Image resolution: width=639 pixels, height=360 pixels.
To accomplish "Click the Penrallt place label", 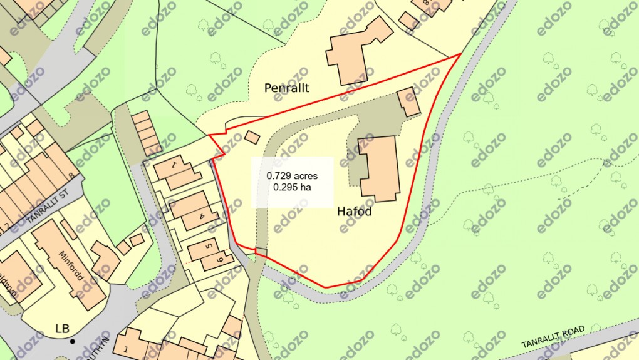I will pyautogui.click(x=286, y=89).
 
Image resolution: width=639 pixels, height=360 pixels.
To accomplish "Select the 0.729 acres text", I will pyautogui.click(x=292, y=176).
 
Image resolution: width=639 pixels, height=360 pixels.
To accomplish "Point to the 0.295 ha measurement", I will pyautogui.click(x=292, y=187).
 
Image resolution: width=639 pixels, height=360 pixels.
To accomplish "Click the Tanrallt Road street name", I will pyautogui.click(x=553, y=338).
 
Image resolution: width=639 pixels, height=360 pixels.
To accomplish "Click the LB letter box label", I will pyautogui.click(x=62, y=328).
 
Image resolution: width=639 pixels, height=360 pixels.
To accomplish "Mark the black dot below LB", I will pyautogui.click(x=73, y=342).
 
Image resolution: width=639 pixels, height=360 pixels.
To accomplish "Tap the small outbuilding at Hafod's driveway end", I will pyautogui.click(x=409, y=102).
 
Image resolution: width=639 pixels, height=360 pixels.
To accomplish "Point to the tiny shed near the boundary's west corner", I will pyautogui.click(x=252, y=136).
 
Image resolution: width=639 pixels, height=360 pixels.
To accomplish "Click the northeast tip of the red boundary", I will pyautogui.click(x=461, y=54).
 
